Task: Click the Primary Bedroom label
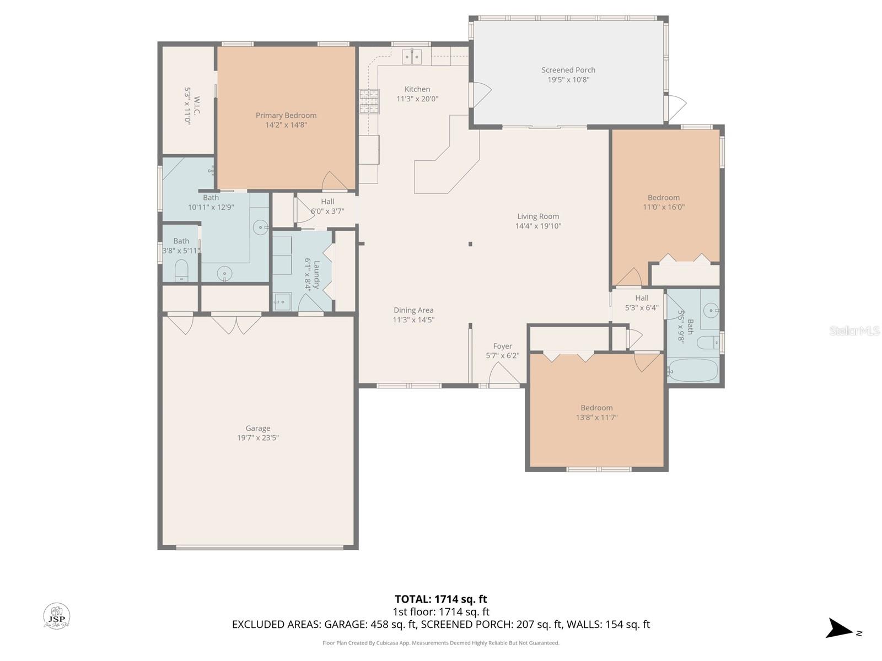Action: pos(286,116)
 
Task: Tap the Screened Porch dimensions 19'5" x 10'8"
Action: pos(568,80)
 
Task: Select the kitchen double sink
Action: pos(411,56)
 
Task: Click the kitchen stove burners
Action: pos(369,101)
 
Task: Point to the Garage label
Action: pos(257,429)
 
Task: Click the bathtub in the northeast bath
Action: pos(693,371)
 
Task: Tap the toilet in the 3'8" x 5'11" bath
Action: pos(181,271)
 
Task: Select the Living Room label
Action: pos(537,216)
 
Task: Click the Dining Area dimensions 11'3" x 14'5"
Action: pos(413,320)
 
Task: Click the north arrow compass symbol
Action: pos(840,629)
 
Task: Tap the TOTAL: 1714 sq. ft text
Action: pos(440,599)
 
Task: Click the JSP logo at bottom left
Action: pos(57,616)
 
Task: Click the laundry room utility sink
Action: pos(282,302)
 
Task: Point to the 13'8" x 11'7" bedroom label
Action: pos(596,408)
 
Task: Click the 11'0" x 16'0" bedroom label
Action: pos(663,198)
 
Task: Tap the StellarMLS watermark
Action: pos(854,331)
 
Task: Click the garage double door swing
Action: pos(236,324)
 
